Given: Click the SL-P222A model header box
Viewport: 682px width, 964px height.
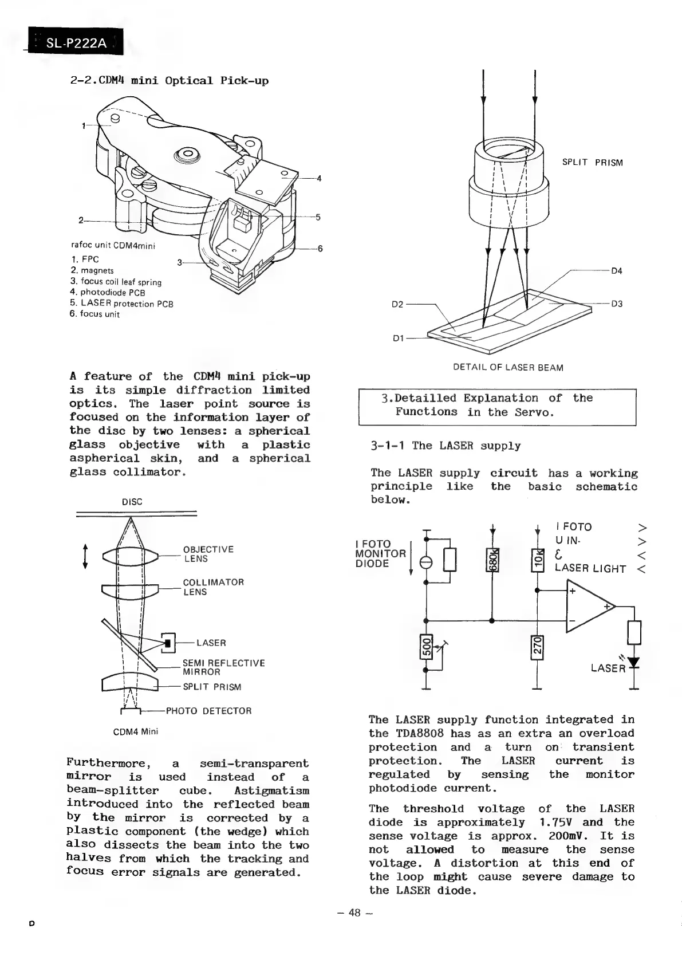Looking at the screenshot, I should point(75,42).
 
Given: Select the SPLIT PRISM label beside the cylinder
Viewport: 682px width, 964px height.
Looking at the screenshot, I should point(592,163).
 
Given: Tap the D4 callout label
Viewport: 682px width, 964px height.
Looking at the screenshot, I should point(616,271).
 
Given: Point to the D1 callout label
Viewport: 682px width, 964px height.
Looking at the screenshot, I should point(399,338).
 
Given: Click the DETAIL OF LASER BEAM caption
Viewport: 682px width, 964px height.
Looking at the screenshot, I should point(508,368).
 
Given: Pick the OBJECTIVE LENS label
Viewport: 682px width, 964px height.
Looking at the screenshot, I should point(208,554).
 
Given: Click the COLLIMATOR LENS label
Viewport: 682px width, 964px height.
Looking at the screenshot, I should point(213,587).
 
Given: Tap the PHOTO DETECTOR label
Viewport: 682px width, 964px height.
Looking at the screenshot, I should point(208,711).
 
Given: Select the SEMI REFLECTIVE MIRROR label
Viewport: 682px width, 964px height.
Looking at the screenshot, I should point(223,667).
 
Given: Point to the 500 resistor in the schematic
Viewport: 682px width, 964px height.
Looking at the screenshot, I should point(425,648).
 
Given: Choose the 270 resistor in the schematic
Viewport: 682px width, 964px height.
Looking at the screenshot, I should point(537,648).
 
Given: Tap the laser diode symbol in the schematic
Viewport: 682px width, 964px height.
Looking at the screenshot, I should point(633,663).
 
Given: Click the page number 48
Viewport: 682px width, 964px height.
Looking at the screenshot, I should point(354,912).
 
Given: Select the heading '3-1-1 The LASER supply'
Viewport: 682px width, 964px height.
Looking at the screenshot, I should point(446,446).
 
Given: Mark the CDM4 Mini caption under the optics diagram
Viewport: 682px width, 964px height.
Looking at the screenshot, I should point(136,731).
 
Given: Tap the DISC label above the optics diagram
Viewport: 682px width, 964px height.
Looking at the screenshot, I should point(132,502).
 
